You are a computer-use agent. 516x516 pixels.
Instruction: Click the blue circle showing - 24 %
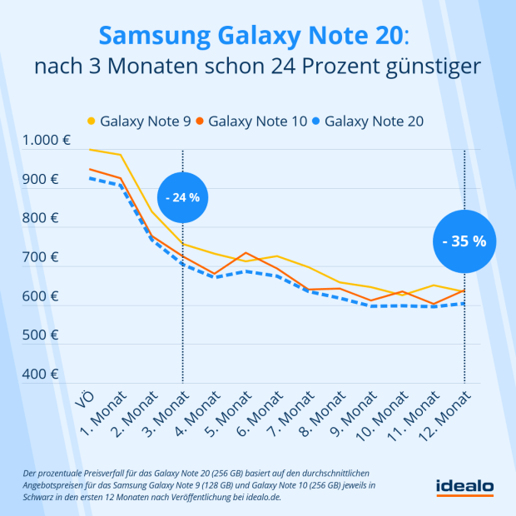pyautogui.click(x=182, y=197)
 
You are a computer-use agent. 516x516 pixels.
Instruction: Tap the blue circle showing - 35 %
pyautogui.click(x=464, y=241)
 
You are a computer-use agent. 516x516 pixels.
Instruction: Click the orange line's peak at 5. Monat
pyautogui.click(x=246, y=252)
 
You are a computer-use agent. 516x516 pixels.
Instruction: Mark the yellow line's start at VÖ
pyautogui.click(x=89, y=150)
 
